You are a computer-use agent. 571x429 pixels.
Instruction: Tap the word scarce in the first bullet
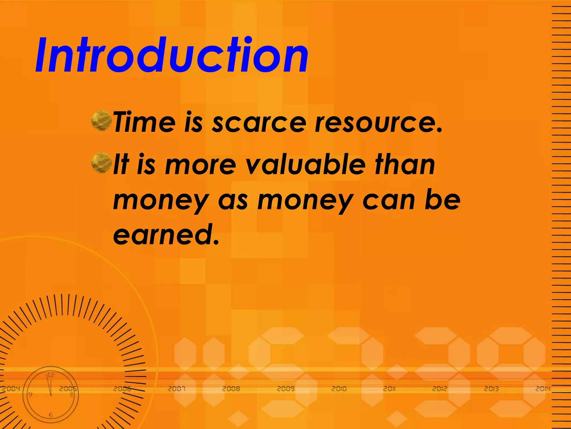259,123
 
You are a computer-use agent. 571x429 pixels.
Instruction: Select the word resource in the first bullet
378,123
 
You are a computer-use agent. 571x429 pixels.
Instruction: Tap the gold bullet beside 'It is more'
101,163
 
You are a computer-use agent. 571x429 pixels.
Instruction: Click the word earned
166,235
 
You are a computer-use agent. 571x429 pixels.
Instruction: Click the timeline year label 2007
176,389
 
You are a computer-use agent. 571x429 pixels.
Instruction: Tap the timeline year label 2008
231,389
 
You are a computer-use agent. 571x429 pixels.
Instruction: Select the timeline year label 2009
285,389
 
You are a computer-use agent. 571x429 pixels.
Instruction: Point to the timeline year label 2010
339,389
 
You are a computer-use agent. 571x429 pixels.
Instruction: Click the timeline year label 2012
440,389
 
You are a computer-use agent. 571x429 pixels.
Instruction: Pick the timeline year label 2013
491,389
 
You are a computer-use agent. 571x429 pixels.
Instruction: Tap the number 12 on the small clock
50,375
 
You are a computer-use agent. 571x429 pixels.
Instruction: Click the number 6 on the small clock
50,415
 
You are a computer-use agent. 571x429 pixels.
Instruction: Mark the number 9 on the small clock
30,394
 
